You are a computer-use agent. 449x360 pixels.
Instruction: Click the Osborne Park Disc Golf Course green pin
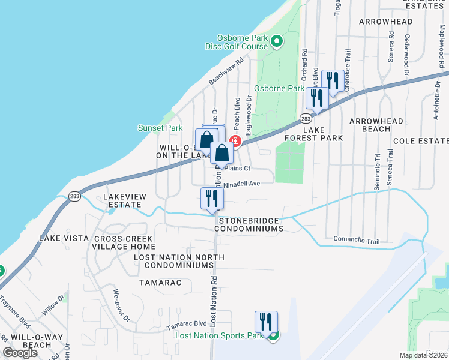[x=277, y=41]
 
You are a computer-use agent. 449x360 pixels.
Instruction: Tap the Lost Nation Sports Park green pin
[x=273, y=335]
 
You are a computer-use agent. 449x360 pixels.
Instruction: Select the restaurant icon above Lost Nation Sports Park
[x=265, y=322]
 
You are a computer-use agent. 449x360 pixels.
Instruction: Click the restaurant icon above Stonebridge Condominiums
[x=211, y=199]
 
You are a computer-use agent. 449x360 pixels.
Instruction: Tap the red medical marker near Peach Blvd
[x=235, y=142]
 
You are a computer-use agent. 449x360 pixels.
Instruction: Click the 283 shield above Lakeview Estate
[x=74, y=196]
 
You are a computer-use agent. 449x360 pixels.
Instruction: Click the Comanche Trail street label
[x=357, y=241]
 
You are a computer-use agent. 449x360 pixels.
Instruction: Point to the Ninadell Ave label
[x=243, y=184]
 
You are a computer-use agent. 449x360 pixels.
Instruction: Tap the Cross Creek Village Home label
[x=124, y=242]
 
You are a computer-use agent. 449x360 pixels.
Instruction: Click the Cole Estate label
[x=420, y=141]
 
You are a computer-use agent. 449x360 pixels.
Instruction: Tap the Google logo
[x=20, y=353]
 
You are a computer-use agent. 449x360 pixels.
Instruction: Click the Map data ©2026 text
[x=423, y=355]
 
